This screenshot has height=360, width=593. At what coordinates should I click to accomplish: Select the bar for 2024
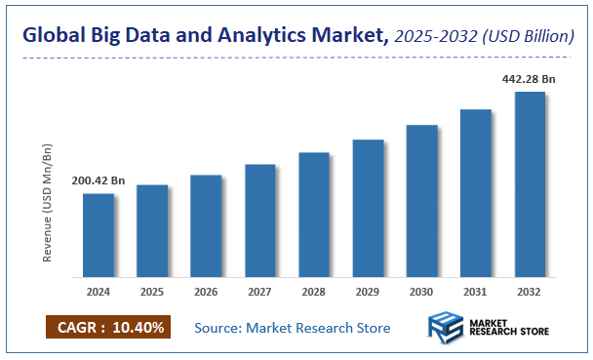pyautogui.click(x=98, y=235)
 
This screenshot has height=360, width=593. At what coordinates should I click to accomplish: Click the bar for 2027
pyautogui.click(x=259, y=220)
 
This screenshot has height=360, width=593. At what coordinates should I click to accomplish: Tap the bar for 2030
pyautogui.click(x=421, y=201)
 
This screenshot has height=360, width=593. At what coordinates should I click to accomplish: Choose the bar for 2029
pyautogui.click(x=368, y=208)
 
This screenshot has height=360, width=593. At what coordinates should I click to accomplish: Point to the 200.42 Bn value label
pyautogui.click(x=99, y=180)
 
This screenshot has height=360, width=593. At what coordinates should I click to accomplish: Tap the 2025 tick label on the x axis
pyautogui.click(x=151, y=291)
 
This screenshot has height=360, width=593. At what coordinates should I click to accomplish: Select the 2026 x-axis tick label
pyautogui.click(x=206, y=291)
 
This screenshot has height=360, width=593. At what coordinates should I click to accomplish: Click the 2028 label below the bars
pyautogui.click(x=313, y=291)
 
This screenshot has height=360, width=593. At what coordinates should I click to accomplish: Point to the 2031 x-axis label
pyautogui.click(x=475, y=291)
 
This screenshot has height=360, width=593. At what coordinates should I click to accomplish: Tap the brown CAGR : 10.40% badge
pyautogui.click(x=108, y=327)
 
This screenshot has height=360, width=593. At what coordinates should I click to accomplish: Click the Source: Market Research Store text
pyautogui.click(x=293, y=328)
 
